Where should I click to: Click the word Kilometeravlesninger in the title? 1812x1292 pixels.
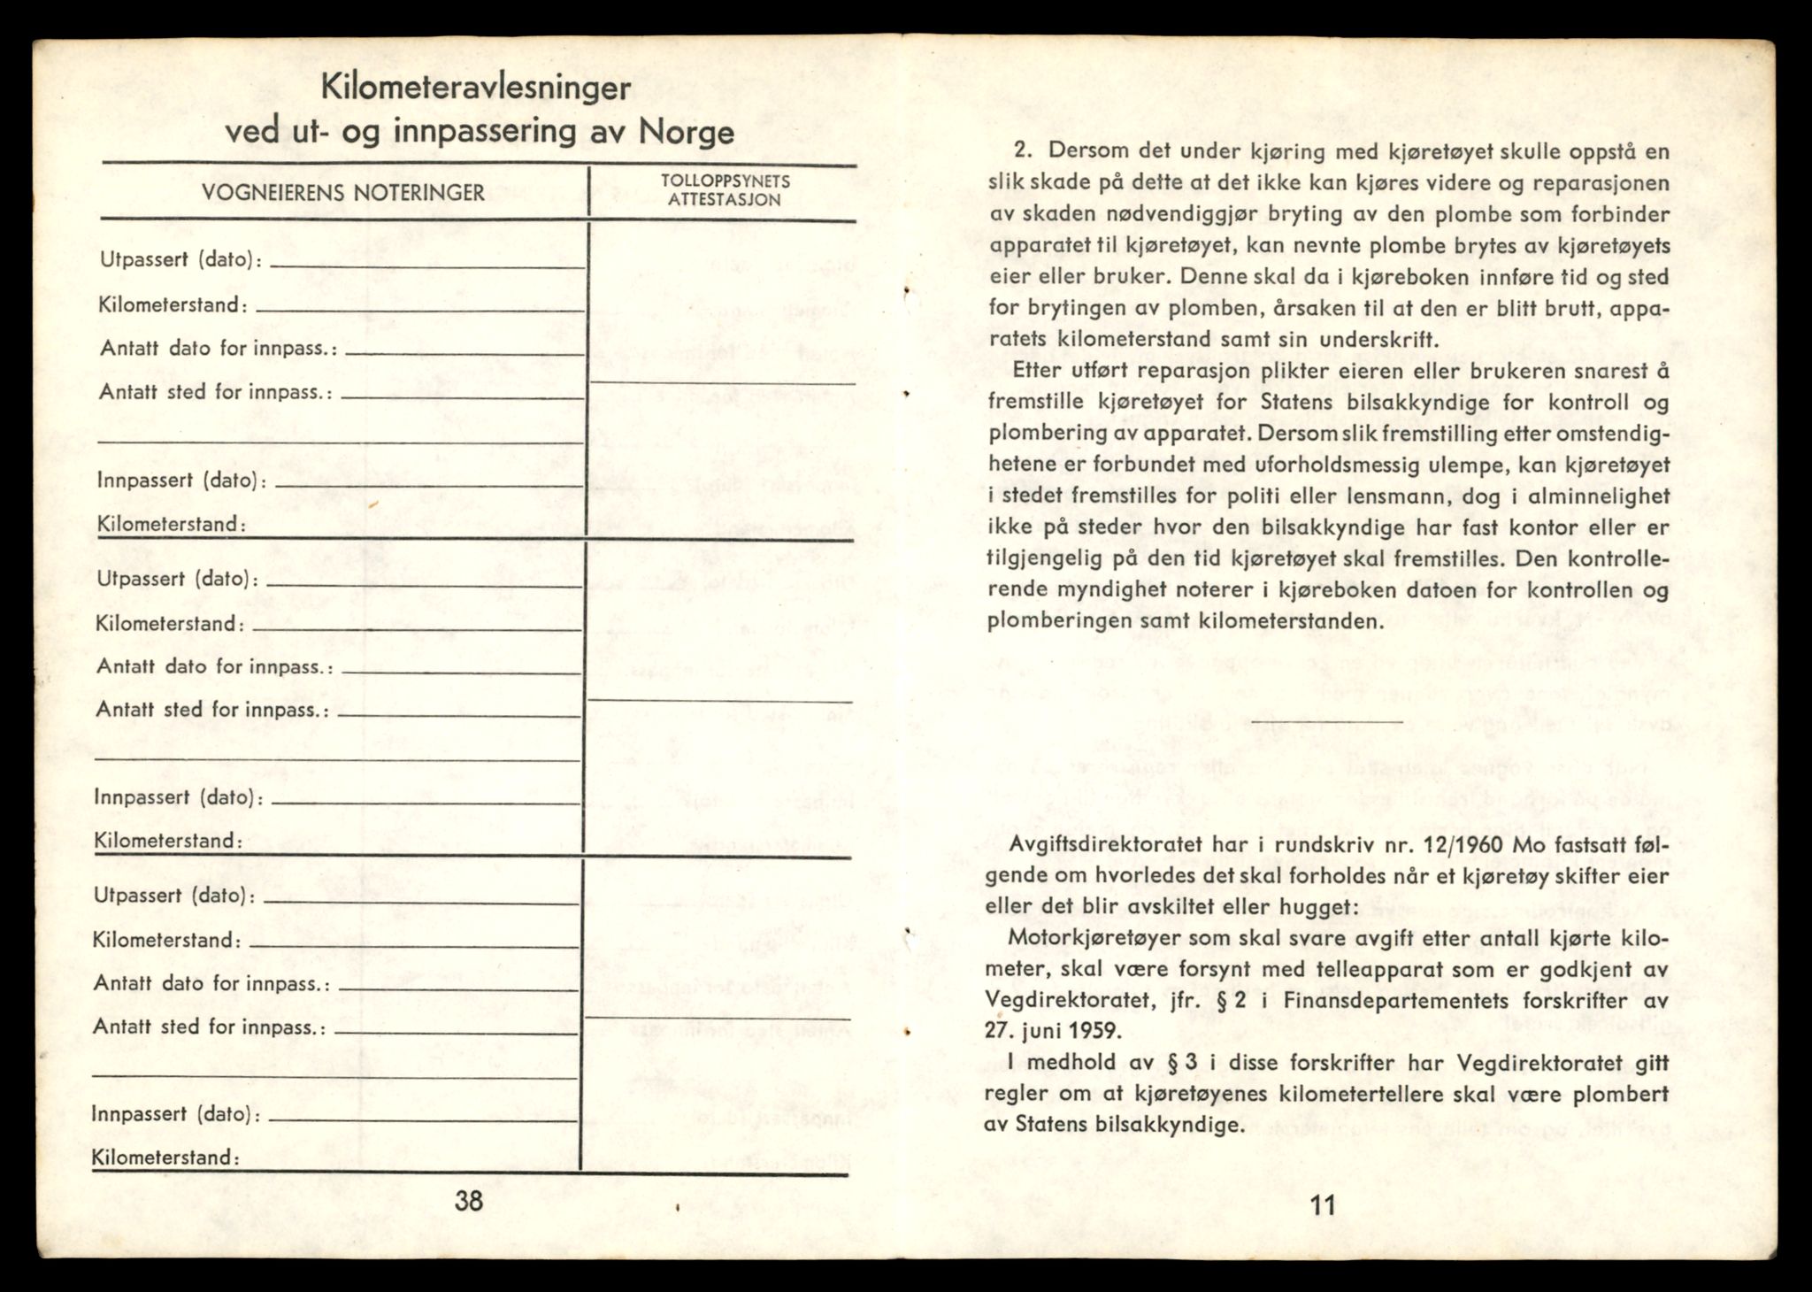pyautogui.click(x=475, y=89)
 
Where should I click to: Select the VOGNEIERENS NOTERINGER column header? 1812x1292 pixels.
pyautogui.click(x=342, y=193)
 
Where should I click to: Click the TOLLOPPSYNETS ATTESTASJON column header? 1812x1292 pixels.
pyautogui.click(x=725, y=190)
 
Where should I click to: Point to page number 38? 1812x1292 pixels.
pyautogui.click(x=468, y=1202)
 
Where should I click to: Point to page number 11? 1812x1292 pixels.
pyautogui.click(x=1323, y=1205)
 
